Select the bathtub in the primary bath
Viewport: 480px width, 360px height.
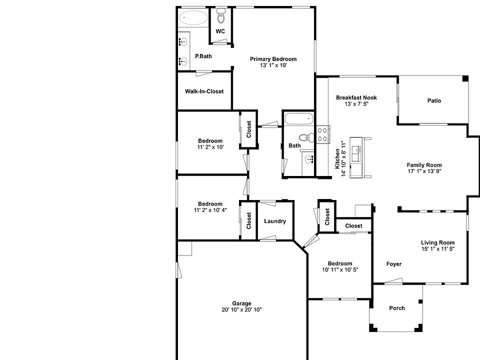(193, 19)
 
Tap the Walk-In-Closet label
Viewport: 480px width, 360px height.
(204, 91)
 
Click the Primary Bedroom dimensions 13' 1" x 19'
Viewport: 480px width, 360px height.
(273, 65)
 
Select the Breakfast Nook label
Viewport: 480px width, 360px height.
(356, 97)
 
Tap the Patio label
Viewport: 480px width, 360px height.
(434, 100)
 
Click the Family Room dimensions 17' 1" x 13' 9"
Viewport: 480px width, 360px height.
(424, 171)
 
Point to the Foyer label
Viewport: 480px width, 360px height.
(394, 264)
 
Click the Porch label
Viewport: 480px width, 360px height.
(397, 308)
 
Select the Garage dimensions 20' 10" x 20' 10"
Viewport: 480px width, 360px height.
(241, 310)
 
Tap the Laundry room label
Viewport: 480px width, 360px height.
(275, 221)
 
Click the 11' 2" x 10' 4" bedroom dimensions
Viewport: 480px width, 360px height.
(210, 210)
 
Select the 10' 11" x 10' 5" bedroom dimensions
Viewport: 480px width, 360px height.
(339, 270)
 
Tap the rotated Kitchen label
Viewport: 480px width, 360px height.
(338, 158)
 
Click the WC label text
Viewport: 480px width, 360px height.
(220, 31)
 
